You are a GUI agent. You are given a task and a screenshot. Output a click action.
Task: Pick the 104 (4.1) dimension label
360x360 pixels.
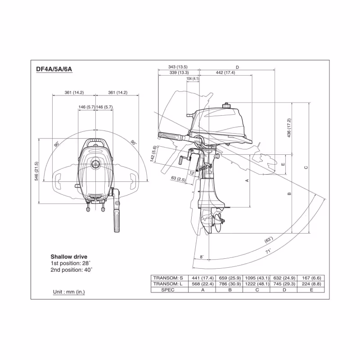coord(192,79)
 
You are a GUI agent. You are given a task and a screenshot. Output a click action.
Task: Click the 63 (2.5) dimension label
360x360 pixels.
coord(179,180)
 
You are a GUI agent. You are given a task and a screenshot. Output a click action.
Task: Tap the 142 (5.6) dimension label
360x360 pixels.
coord(153,154)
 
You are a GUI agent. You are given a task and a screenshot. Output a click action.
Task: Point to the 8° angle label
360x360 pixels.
coord(202,257)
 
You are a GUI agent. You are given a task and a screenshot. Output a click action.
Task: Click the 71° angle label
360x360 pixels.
coord(268,252)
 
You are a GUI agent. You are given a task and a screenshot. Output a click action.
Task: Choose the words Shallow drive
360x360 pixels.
coord(68,256)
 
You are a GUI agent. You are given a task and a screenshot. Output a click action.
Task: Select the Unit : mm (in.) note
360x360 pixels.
coord(69,292)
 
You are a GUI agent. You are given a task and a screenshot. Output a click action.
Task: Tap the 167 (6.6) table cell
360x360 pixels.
coord(310,278)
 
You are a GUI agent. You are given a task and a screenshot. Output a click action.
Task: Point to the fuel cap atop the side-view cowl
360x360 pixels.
coord(226,107)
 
